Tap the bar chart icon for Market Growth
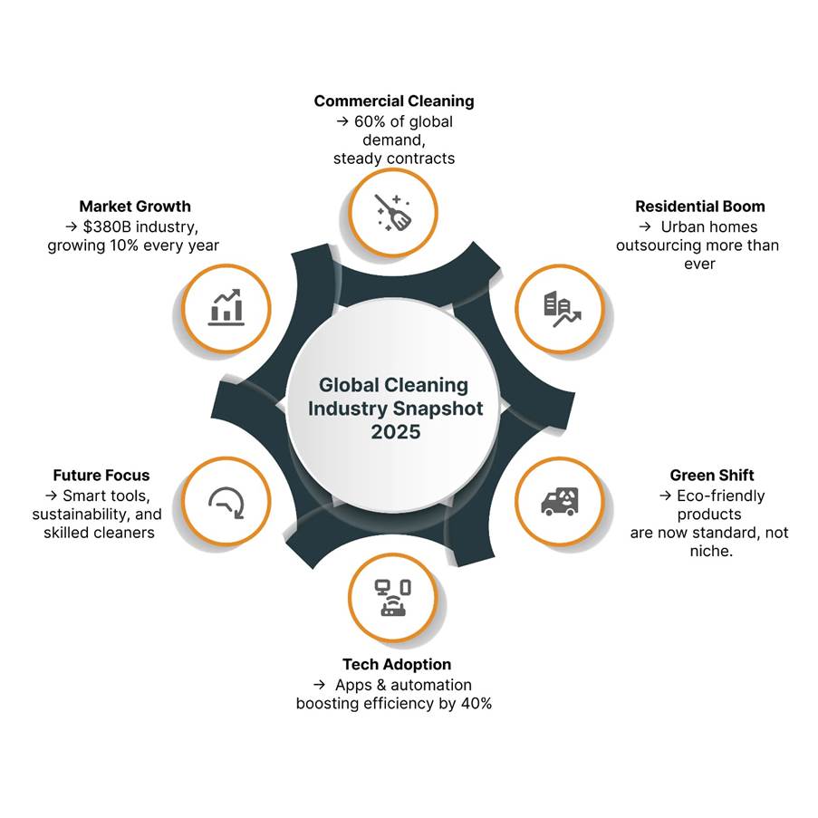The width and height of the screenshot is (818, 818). click(226, 307)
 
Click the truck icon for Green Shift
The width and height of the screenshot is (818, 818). click(560, 500)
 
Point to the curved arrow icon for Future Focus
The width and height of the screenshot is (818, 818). click(226, 501)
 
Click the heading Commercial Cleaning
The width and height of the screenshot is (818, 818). click(394, 101)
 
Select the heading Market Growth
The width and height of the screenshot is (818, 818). click(135, 207)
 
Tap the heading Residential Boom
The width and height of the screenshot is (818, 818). click(699, 207)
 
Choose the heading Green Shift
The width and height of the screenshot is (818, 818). click(712, 475)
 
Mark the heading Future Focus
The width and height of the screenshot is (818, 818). click(101, 475)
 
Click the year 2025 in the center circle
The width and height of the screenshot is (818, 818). click(396, 432)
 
